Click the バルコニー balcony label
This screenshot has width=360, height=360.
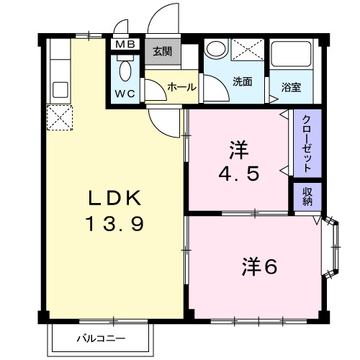[102, 338]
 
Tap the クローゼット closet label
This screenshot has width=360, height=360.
[306, 143]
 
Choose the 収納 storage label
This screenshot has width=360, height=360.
[307, 196]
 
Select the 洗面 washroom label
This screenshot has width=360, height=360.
[242, 82]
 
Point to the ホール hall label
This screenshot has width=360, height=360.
[181, 86]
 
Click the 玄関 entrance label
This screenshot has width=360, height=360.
[161, 51]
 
